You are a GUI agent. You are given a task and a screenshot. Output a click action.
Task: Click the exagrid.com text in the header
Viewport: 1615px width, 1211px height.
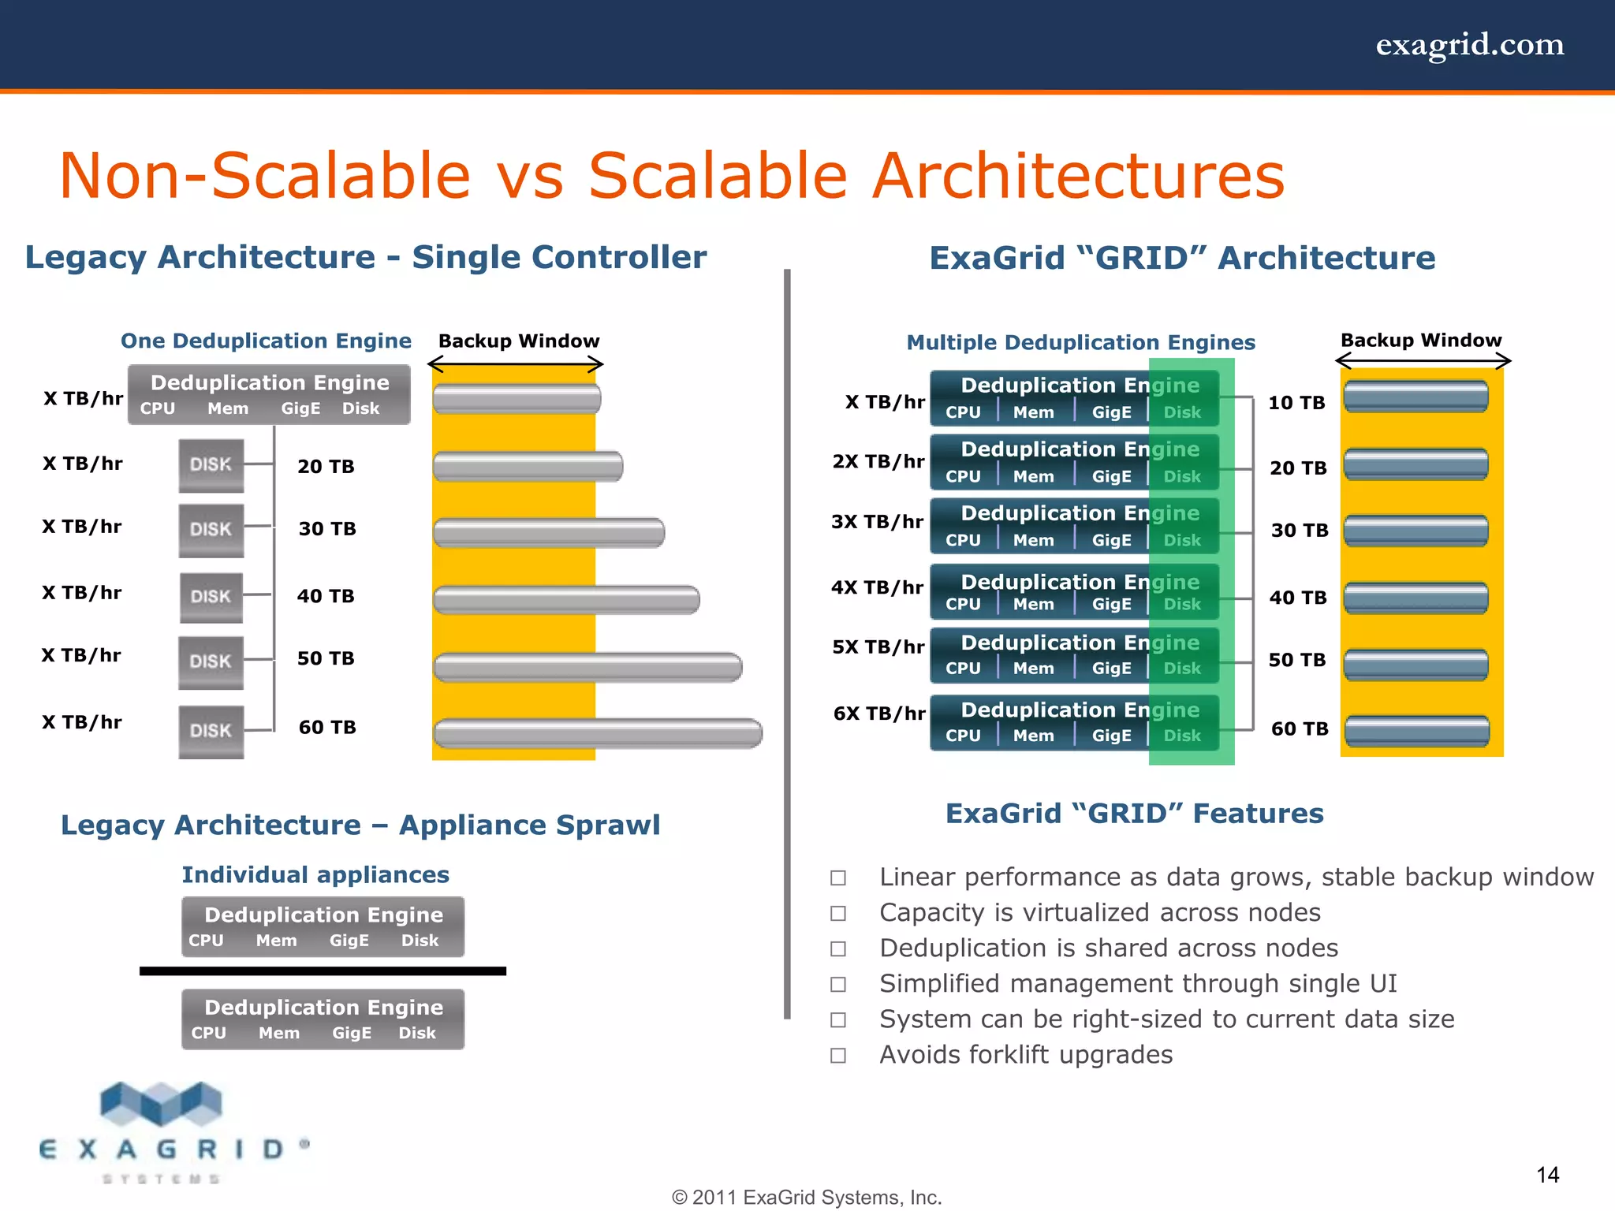(x=1469, y=45)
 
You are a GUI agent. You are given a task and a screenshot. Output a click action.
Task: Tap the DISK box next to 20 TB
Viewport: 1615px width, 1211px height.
(x=211, y=465)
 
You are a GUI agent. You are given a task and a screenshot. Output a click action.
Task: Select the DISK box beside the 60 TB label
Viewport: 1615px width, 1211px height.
(x=211, y=731)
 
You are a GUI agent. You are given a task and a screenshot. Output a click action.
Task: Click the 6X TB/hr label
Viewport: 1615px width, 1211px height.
(x=878, y=714)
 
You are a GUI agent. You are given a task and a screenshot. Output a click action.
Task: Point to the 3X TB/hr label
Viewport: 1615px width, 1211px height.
(x=877, y=522)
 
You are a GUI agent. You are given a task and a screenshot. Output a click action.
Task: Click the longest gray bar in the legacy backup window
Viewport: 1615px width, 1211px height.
(x=598, y=733)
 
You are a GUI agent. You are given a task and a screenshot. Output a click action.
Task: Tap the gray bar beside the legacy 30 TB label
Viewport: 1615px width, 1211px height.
(x=549, y=533)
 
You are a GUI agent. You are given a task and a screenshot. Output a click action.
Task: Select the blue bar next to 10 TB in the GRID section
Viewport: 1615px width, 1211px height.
(x=1415, y=397)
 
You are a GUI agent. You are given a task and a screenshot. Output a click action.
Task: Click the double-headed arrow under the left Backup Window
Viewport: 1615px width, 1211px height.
(x=516, y=364)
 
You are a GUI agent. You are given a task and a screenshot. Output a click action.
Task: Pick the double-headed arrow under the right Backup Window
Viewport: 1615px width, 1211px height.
(x=1423, y=361)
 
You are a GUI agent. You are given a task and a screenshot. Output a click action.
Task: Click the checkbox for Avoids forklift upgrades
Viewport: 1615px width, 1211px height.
(x=838, y=1055)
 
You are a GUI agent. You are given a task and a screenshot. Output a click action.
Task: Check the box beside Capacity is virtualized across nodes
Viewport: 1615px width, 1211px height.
(x=838, y=913)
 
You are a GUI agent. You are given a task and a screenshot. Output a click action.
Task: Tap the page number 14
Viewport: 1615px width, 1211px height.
(x=1547, y=1175)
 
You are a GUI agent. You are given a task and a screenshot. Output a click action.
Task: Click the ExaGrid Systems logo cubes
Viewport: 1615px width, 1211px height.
(x=162, y=1104)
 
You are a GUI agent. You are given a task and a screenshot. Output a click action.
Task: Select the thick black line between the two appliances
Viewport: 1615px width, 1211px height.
(x=323, y=971)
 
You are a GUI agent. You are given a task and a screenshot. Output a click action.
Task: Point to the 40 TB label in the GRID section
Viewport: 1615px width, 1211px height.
(x=1297, y=598)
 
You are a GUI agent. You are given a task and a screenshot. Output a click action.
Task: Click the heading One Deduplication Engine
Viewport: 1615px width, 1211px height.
(x=266, y=341)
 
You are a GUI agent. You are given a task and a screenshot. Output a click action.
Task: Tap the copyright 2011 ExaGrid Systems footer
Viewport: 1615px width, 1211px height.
(x=807, y=1197)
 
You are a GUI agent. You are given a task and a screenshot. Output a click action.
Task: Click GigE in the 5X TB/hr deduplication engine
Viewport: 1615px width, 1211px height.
(x=1110, y=669)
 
